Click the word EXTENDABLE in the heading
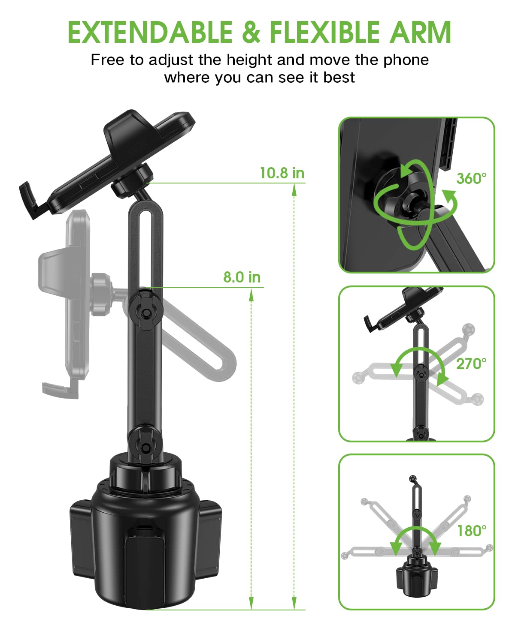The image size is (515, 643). (x=150, y=33)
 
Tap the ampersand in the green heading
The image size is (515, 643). (x=251, y=33)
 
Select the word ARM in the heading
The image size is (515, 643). (x=420, y=33)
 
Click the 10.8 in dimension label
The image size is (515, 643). (x=282, y=173)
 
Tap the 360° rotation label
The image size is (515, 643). (x=471, y=178)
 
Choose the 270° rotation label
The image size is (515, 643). (x=471, y=364)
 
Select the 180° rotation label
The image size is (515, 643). (x=472, y=531)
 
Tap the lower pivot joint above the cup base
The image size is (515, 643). (x=146, y=447)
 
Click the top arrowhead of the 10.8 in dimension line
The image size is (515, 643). (x=294, y=190)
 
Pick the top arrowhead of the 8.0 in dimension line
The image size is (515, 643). (x=251, y=295)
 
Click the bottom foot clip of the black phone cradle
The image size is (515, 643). (x=31, y=200)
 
